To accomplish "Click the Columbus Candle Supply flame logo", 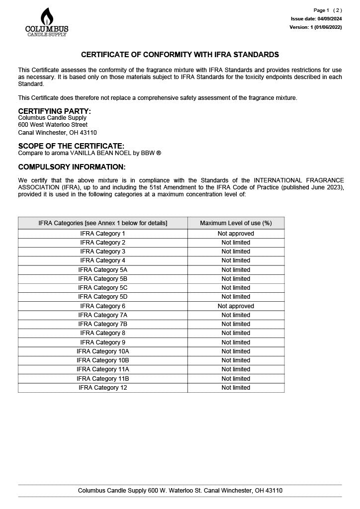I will [47, 22].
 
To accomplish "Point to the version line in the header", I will [316, 27].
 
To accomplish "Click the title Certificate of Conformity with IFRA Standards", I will [180, 55].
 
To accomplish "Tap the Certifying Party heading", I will [55, 111].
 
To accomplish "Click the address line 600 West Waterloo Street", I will [53, 125].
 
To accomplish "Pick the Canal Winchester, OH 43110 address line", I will [57, 133].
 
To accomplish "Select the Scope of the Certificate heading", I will [71, 146].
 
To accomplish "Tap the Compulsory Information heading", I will [72, 167].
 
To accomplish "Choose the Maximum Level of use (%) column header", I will [236, 223].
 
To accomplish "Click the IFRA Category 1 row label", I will [103, 234].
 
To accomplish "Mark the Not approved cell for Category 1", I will [236, 234].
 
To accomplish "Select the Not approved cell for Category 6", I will [236, 306].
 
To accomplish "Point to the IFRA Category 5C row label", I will [103, 288].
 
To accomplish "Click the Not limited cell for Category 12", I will [236, 388].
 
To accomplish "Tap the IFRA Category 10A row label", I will [103, 351].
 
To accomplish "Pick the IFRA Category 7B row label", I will [103, 324].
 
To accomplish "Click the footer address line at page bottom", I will [180, 491].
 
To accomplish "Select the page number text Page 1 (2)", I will [328, 10].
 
